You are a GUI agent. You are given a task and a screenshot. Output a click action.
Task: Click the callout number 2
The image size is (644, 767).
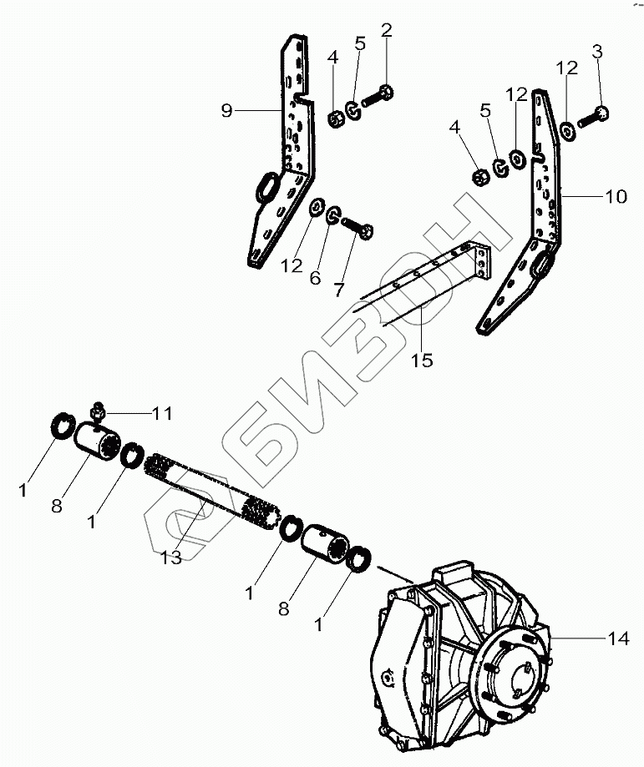pyautogui.click(x=386, y=31)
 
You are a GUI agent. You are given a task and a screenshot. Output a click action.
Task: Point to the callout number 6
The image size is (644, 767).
pyautogui.click(x=315, y=279)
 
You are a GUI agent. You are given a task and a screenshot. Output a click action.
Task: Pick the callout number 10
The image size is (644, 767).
pyautogui.click(x=616, y=198)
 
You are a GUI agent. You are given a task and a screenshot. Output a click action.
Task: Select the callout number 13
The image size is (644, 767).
pyautogui.click(x=170, y=558)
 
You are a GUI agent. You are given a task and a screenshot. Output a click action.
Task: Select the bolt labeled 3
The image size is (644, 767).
pyautogui.click(x=595, y=118)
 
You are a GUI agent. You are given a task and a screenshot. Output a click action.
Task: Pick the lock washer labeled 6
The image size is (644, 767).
pyautogui.click(x=332, y=216)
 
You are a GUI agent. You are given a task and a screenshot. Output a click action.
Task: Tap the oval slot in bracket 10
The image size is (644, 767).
pyautogui.click(x=543, y=266)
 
